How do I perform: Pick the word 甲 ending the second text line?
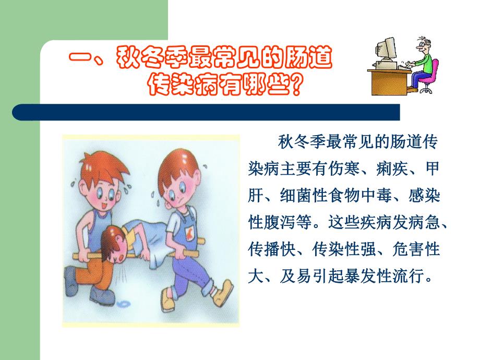[432, 169]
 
